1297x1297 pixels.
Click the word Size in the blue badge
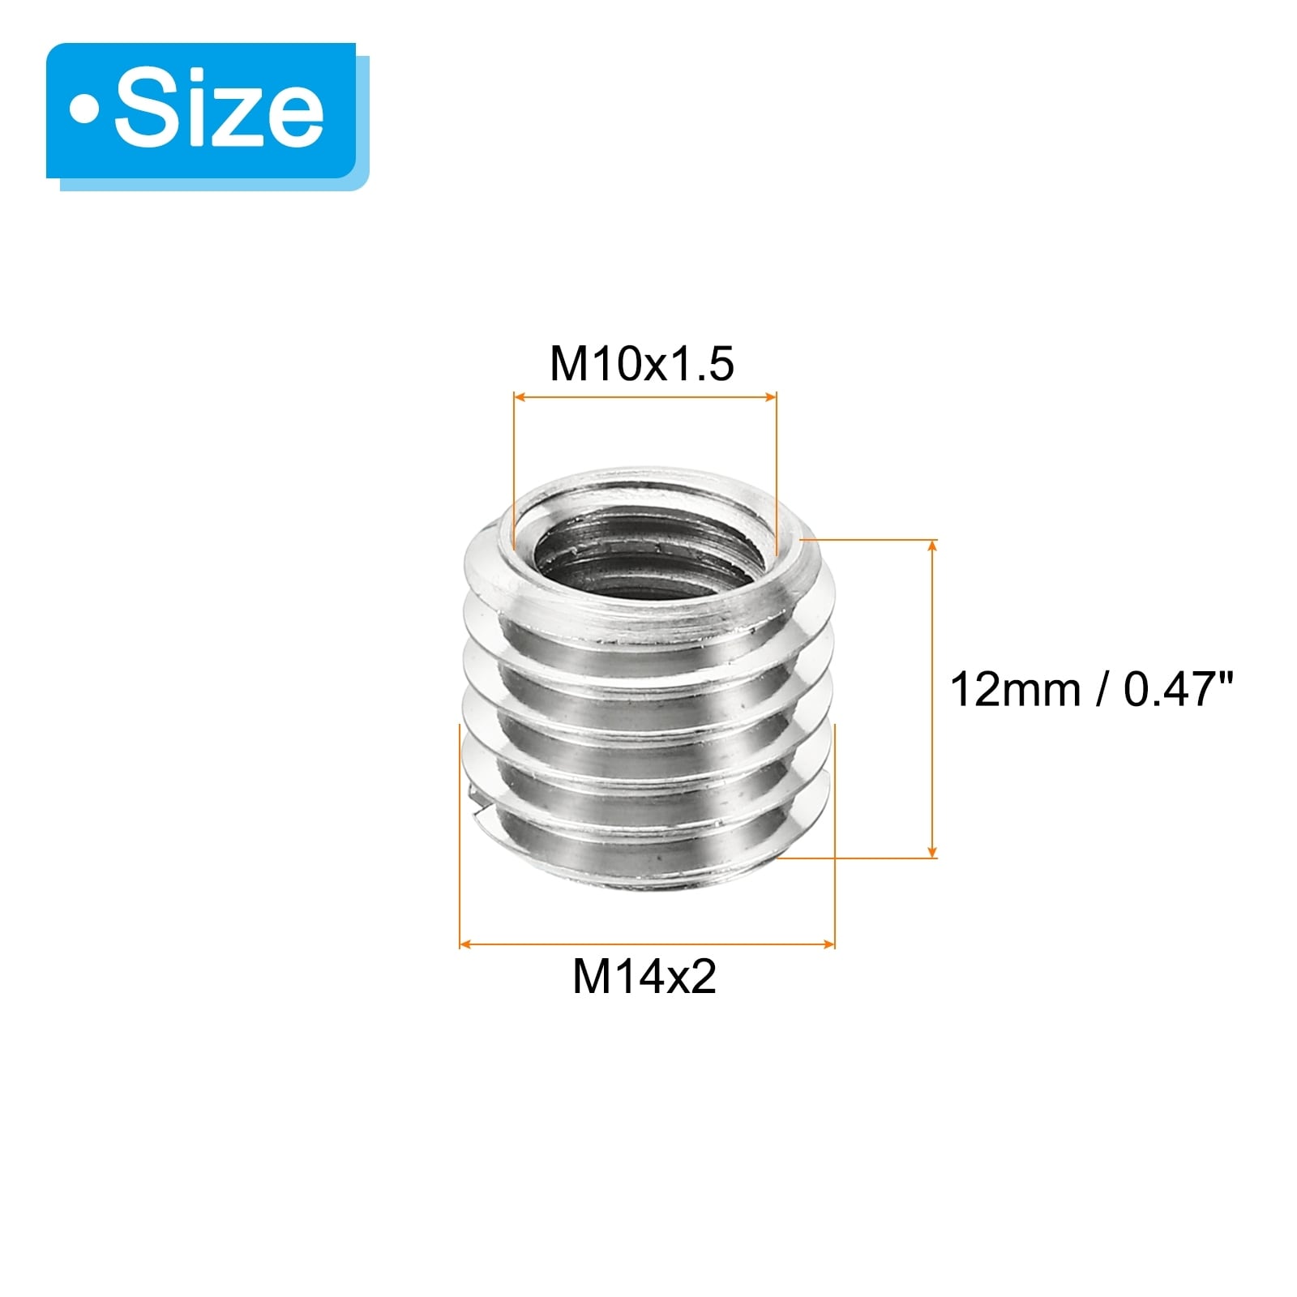pyautogui.click(x=219, y=111)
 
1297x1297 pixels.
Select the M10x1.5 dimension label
pyautogui.click(x=642, y=363)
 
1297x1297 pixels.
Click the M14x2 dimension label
pyautogui.click(x=644, y=976)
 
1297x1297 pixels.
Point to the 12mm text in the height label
pyautogui.click(x=1015, y=690)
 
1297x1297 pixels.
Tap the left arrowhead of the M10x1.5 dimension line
pyautogui.click(x=520, y=397)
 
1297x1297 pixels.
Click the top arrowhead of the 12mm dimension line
pyautogui.click(x=933, y=546)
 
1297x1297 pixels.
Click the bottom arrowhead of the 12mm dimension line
pyautogui.click(x=933, y=850)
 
